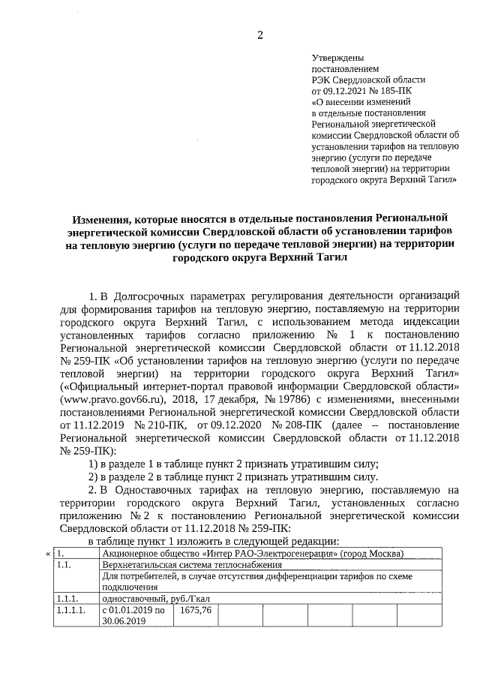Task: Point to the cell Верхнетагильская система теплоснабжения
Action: coord(193,564)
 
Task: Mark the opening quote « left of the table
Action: coord(49,554)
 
